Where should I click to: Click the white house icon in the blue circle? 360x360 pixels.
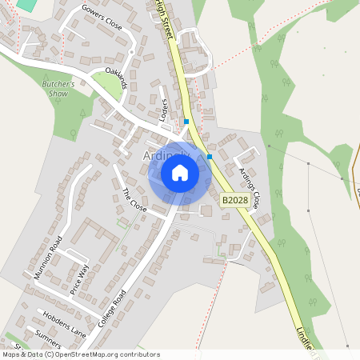click(180, 173)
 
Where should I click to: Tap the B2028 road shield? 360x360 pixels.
click(234, 200)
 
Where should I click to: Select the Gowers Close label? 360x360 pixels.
click(102, 16)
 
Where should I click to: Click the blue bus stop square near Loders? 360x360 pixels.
click(186, 122)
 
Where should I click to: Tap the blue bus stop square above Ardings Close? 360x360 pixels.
click(210, 157)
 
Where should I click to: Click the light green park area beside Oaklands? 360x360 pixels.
click(112, 86)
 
